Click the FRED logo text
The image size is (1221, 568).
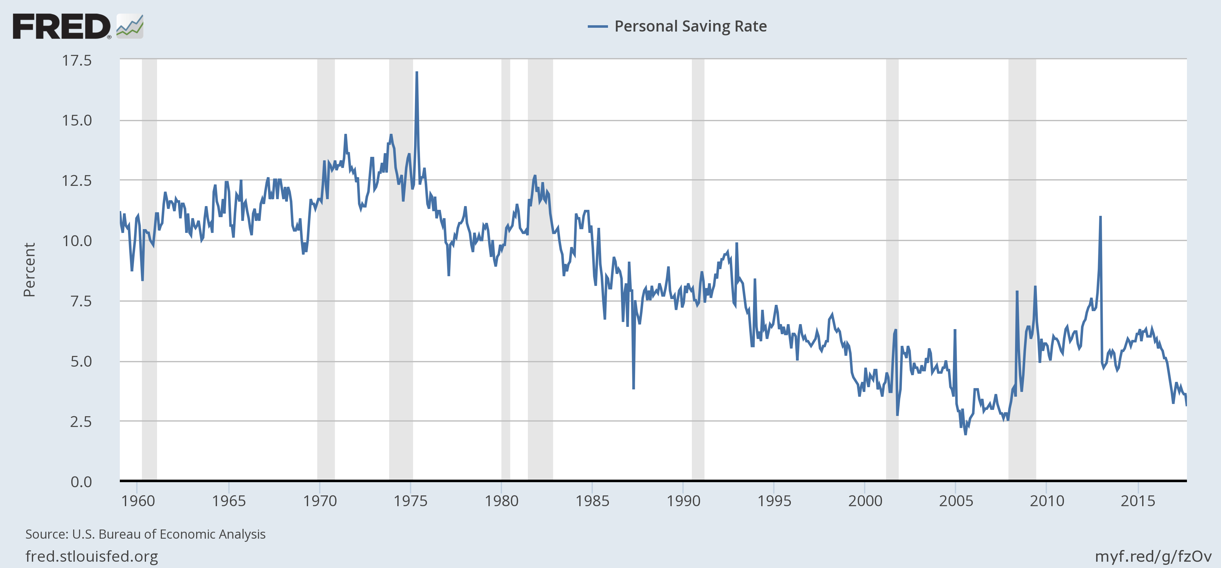(61, 27)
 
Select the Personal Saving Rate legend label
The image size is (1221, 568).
(691, 26)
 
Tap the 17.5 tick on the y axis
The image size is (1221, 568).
(77, 60)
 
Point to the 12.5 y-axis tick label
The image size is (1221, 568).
(77, 180)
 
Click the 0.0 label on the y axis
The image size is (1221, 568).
(81, 482)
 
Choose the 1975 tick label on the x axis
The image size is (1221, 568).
(411, 501)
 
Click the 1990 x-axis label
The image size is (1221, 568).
(683, 501)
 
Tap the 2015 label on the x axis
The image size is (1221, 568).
(1137, 501)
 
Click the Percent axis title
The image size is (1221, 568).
(29, 270)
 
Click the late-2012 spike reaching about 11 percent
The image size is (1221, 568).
(1100, 217)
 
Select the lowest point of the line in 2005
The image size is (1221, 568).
(966, 434)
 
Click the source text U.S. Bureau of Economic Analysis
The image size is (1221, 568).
(169, 534)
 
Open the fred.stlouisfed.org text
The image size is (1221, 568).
(91, 556)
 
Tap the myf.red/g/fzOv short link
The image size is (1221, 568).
(1153, 556)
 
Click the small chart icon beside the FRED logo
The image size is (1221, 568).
(129, 27)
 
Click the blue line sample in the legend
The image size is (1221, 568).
(597, 27)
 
